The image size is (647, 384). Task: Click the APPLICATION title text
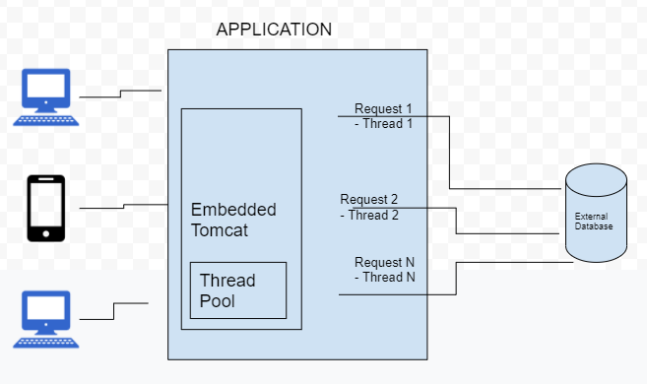pos(274,29)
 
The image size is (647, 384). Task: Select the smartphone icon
pos(45,208)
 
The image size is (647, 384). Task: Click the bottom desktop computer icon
pos(46,319)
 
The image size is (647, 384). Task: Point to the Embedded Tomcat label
pos(233,220)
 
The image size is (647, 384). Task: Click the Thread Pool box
pos(237,290)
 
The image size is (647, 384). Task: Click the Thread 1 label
pos(387,124)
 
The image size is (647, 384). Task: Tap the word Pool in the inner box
pos(218,300)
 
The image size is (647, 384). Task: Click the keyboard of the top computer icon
pos(46,120)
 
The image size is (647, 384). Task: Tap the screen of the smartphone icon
pos(45,206)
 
